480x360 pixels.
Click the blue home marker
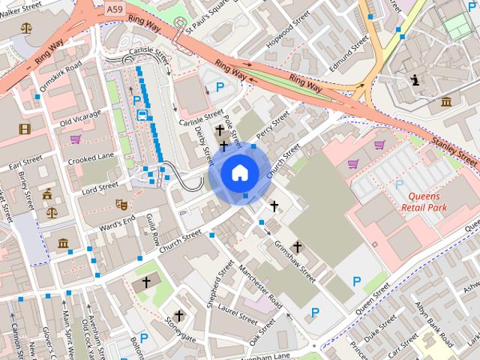tap(239, 173)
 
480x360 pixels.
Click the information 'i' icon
tap(414, 79)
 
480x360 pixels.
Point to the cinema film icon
tap(25, 129)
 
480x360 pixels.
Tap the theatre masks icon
tap(121, 203)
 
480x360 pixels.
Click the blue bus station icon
tap(142, 115)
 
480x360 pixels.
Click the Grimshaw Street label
tap(295, 259)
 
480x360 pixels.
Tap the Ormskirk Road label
tap(59, 77)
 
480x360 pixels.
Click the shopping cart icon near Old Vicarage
tap(75, 139)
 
